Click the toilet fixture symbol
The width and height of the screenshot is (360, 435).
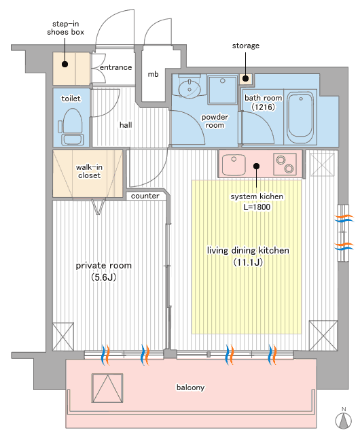[71, 126]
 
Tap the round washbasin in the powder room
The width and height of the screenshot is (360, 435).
[190, 88]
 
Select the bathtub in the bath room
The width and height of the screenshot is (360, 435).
[301, 115]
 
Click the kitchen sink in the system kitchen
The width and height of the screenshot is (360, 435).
[234, 164]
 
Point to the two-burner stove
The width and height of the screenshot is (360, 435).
[285, 164]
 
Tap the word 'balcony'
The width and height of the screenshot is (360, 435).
[191, 387]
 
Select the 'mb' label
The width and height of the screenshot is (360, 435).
[153, 74]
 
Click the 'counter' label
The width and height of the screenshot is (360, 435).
[145, 196]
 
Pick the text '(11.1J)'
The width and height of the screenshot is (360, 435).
[248, 262]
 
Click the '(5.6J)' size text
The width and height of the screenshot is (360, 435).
[103, 277]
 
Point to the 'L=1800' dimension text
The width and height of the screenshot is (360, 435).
[257, 207]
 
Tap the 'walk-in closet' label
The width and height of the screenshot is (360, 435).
[89, 171]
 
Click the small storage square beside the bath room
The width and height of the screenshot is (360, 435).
[246, 79]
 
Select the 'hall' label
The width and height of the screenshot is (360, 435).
[126, 125]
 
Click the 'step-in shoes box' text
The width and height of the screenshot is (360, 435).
[65, 28]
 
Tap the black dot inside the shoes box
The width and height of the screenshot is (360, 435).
[65, 65]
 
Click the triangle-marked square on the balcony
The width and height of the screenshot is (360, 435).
[107, 388]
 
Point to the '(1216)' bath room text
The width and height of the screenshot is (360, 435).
[263, 107]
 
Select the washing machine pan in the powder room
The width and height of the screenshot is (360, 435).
[223, 90]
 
